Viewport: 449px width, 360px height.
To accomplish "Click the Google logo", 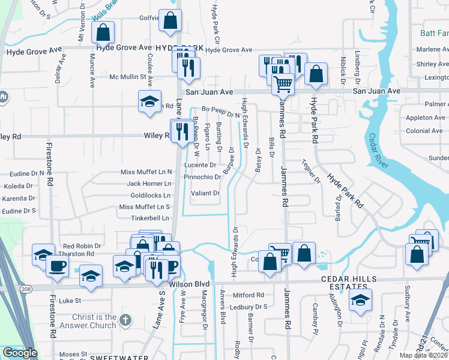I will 20,352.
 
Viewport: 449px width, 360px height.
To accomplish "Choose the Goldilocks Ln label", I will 151,196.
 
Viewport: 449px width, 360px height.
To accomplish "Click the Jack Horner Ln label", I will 149,184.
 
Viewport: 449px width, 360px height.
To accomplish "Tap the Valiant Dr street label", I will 205,193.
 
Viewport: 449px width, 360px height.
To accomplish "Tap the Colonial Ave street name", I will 424,131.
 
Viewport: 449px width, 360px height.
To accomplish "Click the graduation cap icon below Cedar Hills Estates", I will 360,300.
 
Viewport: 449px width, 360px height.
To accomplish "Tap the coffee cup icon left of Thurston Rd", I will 58,267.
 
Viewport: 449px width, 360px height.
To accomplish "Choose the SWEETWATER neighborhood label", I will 119,358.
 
